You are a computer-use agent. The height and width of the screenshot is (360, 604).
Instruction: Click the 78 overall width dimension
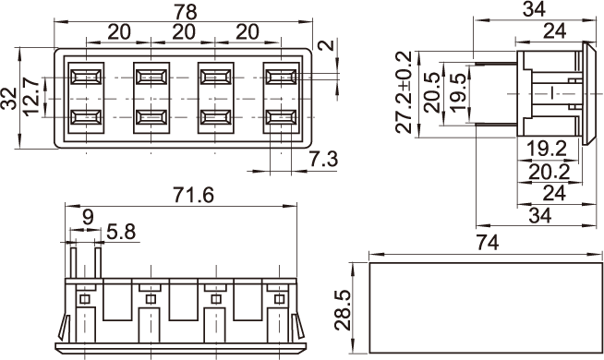(x=186, y=12)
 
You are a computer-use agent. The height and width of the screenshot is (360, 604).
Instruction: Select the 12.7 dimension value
(x=31, y=97)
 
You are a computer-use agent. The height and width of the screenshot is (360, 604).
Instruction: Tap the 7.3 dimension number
(x=323, y=159)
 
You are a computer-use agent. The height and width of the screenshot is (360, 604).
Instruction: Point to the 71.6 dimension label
(x=193, y=195)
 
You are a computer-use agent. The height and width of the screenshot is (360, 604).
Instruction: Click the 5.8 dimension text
(x=121, y=233)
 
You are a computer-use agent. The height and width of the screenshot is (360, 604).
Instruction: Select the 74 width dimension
(x=488, y=243)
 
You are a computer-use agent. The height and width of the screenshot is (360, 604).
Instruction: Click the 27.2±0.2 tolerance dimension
(x=404, y=92)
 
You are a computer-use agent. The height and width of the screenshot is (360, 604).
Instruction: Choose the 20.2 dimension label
(x=549, y=172)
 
